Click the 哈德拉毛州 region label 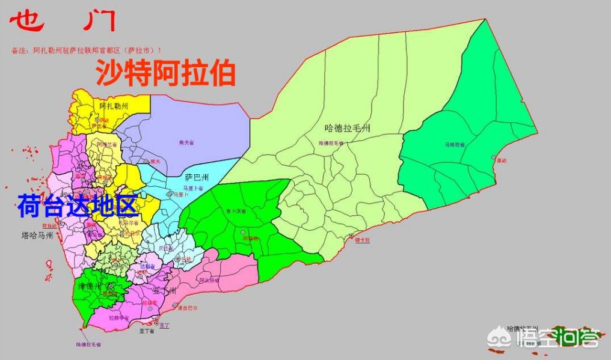click(x=347, y=128)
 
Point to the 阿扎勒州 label click(x=114, y=106)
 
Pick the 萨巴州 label click(x=197, y=177)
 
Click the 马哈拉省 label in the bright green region click(x=456, y=145)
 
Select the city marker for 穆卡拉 click(x=352, y=236)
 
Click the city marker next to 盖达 click(x=493, y=158)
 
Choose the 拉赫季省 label click(x=119, y=317)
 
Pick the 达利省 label click(x=147, y=266)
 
